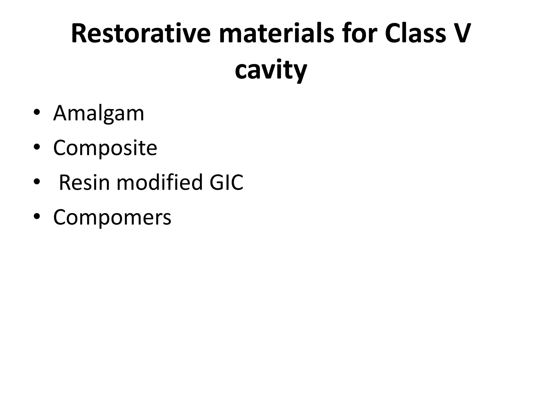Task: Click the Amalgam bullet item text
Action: click(99, 113)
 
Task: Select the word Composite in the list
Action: click(105, 148)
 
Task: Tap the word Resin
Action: click(84, 182)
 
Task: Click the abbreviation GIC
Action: click(226, 182)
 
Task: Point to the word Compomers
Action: click(112, 217)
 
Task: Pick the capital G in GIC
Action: click(216, 182)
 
